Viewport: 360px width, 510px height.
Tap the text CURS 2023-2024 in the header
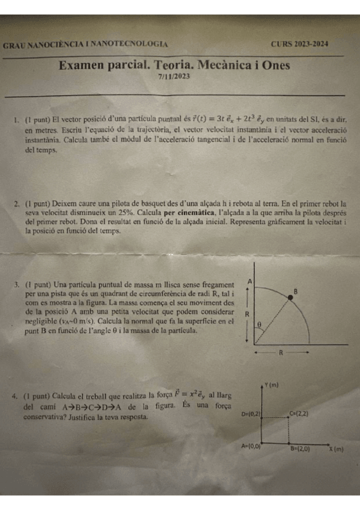coord(299,44)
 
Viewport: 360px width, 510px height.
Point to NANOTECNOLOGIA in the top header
coord(130,45)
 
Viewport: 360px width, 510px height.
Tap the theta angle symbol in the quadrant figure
coord(260,326)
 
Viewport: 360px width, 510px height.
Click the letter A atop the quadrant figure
coord(249,281)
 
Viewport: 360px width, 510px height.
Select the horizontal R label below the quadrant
coord(280,354)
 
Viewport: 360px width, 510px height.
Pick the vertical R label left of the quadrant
coord(248,314)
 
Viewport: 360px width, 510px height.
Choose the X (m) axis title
coord(336,449)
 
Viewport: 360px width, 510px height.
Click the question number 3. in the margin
coord(18,284)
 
